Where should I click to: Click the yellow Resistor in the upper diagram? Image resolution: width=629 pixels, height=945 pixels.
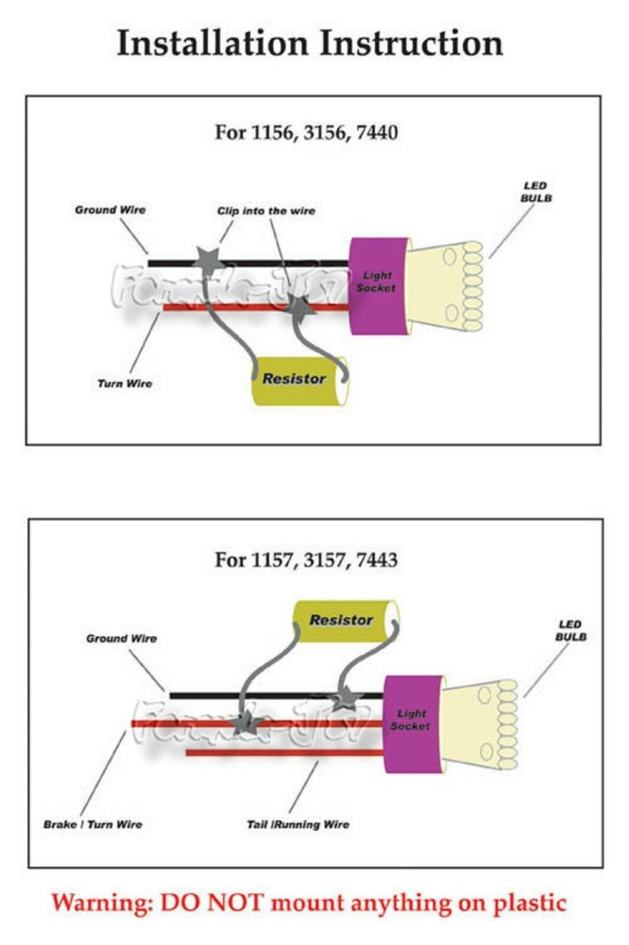point(295,380)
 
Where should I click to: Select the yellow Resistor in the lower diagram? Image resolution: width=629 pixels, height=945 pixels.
point(342,622)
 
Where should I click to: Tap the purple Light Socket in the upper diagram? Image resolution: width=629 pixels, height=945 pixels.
point(378,283)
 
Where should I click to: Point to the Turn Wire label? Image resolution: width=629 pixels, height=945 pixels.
point(126,384)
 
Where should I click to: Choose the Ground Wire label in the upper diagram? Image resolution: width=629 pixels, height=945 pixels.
point(110,209)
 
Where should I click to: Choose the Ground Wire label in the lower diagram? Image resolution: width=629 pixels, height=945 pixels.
point(122,639)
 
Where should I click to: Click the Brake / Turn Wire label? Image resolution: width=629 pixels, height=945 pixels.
point(93,824)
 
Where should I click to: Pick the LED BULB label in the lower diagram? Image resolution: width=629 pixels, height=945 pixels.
point(570,630)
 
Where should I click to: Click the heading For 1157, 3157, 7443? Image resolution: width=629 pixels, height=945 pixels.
point(306,559)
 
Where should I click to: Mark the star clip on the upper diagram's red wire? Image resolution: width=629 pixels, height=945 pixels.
point(298,307)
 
